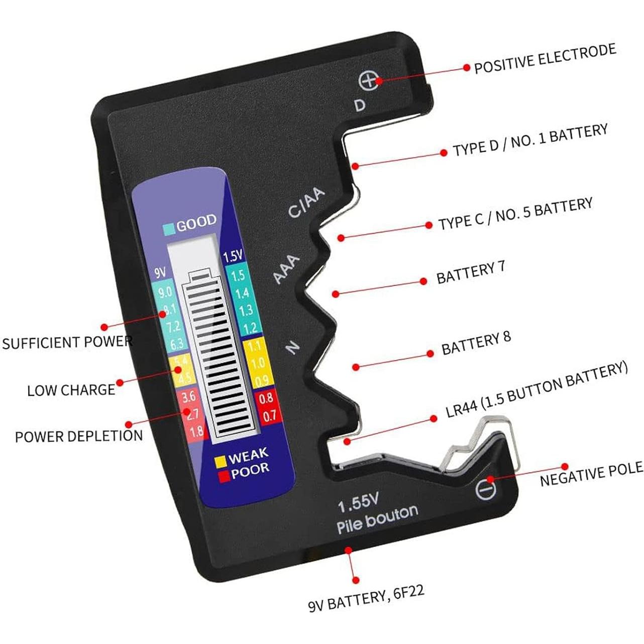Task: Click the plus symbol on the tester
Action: click(369, 81)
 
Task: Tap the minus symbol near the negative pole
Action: click(485, 488)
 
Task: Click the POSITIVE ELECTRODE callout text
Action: click(545, 59)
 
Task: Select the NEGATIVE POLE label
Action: click(591, 474)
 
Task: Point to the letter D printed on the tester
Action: click(360, 105)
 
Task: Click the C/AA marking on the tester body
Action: click(306, 203)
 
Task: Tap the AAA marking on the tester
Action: click(286, 269)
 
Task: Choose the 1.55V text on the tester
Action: click(358, 502)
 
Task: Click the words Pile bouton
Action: click(377, 519)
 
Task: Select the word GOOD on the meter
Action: click(196, 223)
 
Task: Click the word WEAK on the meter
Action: click(249, 456)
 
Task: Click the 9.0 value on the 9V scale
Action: click(164, 292)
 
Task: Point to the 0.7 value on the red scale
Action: click(269, 415)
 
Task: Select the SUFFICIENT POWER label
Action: click(67, 343)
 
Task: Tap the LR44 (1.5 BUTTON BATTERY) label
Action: click(536, 390)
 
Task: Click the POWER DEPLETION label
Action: click(79, 436)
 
